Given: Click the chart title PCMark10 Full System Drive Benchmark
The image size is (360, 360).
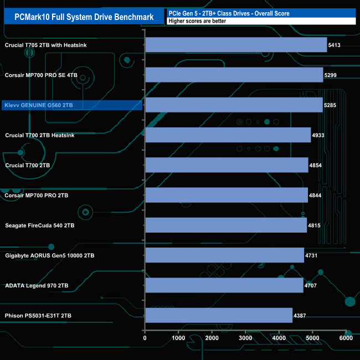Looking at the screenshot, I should [83, 17].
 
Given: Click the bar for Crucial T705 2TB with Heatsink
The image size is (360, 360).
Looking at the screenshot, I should [236, 45].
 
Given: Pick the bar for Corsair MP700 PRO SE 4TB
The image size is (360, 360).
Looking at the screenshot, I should [234, 75].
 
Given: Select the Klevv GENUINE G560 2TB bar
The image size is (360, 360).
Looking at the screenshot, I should [234, 105].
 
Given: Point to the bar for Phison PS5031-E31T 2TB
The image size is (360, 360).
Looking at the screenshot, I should [218, 316].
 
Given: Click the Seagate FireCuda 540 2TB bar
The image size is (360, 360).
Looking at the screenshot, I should [226, 225].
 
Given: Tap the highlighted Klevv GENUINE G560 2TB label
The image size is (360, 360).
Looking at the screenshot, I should [39, 105].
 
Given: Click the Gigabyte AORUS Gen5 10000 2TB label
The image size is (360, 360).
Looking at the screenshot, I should [49, 256].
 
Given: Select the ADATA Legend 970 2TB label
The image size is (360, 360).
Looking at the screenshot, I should [37, 286].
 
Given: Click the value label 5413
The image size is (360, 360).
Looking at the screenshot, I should [335, 45].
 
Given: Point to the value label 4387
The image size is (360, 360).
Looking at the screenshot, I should [300, 316].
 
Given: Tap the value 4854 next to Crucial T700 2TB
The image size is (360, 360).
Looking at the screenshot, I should [316, 165].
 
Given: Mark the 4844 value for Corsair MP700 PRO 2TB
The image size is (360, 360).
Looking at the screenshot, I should [315, 195].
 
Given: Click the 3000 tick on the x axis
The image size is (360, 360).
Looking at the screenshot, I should [245, 338].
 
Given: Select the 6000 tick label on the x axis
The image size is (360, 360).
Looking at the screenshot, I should [346, 338].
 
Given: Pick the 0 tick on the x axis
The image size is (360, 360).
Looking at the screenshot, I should [145, 338].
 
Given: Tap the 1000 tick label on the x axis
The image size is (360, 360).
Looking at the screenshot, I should [178, 338].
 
